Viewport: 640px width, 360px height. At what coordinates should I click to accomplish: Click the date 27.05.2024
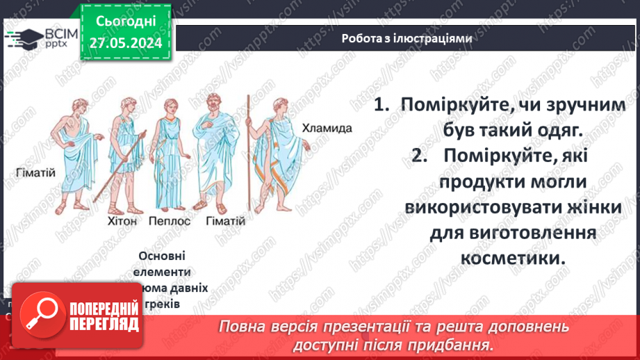click(124, 43)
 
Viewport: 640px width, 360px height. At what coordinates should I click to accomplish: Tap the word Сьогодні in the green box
click(124, 23)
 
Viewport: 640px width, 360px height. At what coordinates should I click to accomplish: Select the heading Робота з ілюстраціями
click(407, 39)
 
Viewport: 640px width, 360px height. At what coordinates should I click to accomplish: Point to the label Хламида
click(327, 128)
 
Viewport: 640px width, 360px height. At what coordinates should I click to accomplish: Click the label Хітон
click(123, 221)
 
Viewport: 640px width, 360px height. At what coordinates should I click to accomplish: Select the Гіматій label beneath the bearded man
click(226, 221)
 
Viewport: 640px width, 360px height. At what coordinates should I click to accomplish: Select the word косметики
click(510, 257)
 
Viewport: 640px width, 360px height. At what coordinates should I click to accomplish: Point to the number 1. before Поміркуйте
click(381, 104)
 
